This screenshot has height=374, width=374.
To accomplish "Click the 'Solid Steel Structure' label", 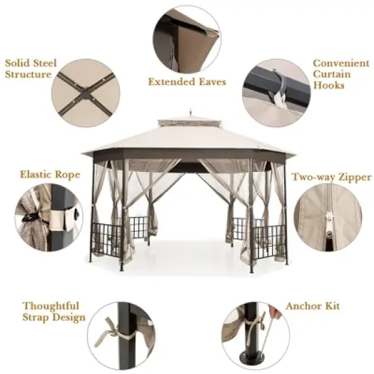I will [x=28, y=68].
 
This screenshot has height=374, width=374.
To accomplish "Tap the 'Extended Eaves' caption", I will [x=187, y=82].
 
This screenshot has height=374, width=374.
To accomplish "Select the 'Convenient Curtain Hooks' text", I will [x=336, y=74].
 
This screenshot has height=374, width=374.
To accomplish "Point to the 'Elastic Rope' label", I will [x=41, y=175].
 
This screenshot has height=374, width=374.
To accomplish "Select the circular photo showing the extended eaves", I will [x=186, y=37].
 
